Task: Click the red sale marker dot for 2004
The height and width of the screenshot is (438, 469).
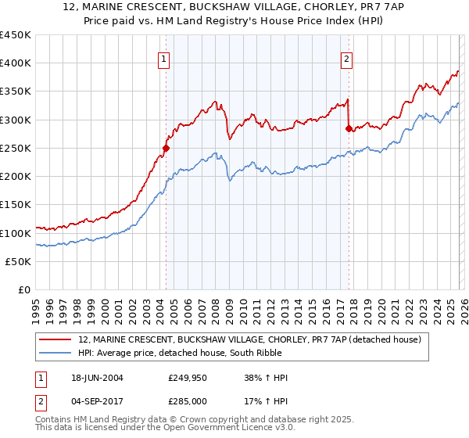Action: pyautogui.click(x=166, y=147)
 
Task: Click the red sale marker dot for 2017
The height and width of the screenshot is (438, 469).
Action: pyautogui.click(x=348, y=129)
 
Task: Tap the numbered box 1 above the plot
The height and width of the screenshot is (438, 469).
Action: pyautogui.click(x=164, y=58)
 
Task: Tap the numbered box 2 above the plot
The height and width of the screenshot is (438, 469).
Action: pyautogui.click(x=346, y=58)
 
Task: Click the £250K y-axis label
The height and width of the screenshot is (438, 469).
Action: pyautogui.click(x=16, y=148)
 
